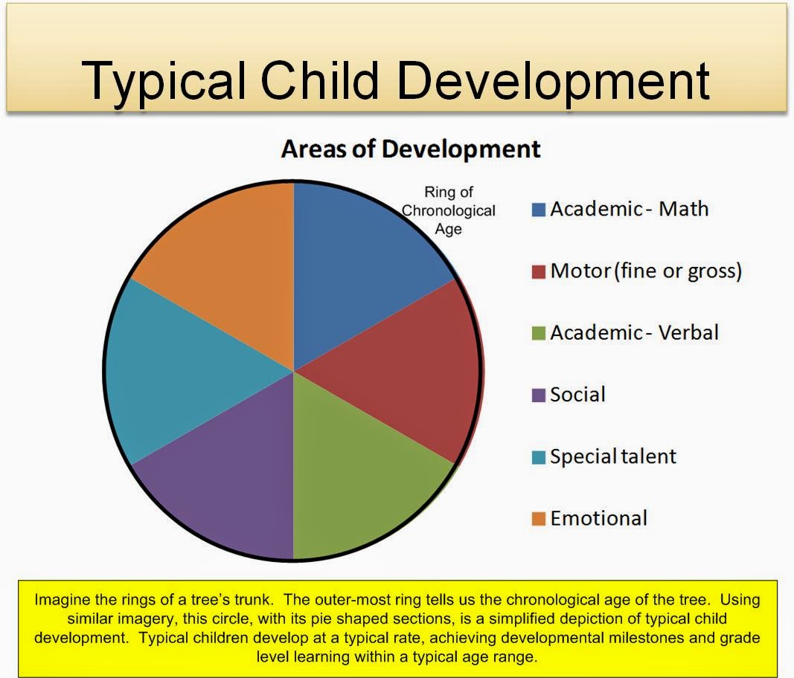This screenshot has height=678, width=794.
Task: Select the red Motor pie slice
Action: click(405, 371)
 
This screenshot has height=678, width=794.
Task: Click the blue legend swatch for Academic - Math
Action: click(538, 210)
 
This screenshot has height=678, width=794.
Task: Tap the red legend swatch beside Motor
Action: click(538, 271)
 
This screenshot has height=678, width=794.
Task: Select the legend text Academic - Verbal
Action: click(634, 333)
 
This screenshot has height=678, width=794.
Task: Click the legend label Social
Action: click(577, 395)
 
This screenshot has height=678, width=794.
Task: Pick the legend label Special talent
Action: click(612, 456)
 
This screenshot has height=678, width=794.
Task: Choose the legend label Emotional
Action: click(598, 518)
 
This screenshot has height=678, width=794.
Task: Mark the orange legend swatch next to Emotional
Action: click(538, 519)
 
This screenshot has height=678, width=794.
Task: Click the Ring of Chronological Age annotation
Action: click(448, 210)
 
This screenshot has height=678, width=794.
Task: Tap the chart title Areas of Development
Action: click(411, 149)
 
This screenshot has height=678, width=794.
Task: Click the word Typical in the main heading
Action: click(164, 82)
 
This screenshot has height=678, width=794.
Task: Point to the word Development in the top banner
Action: click(554, 82)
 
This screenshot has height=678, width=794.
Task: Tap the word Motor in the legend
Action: click(580, 271)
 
